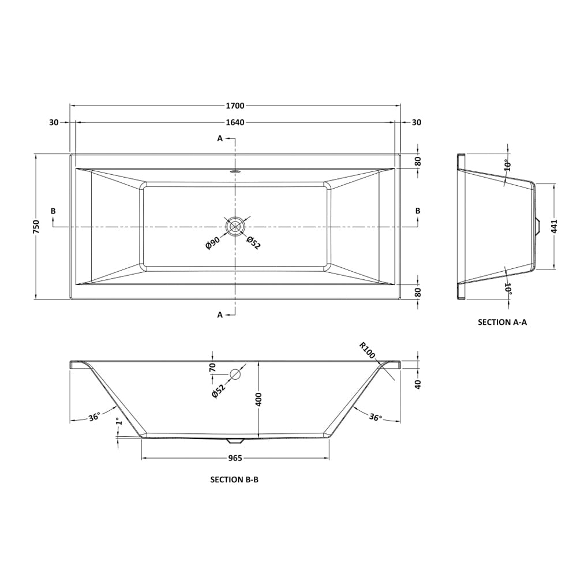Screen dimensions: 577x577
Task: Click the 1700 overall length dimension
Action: (x=235, y=106)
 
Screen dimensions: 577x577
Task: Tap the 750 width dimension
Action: (x=36, y=227)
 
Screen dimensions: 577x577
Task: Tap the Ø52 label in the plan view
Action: (x=254, y=243)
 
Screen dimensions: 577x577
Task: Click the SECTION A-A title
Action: (x=502, y=323)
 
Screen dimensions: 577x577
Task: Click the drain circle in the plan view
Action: (x=235, y=227)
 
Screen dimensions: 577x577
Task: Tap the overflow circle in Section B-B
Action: (x=235, y=374)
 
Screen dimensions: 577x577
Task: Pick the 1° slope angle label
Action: (x=118, y=424)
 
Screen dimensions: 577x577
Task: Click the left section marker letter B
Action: (x=53, y=211)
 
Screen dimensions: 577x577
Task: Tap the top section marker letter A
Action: (x=220, y=138)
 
